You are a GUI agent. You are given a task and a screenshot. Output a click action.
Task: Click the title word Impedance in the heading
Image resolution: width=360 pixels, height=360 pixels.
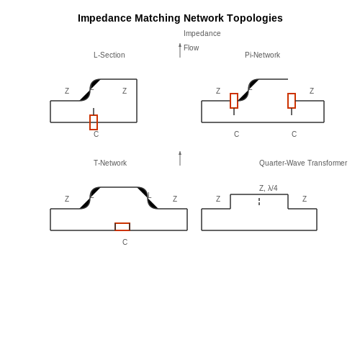click(x=104, y=19)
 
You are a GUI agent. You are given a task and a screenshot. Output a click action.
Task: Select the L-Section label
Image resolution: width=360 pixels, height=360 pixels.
click(x=109, y=55)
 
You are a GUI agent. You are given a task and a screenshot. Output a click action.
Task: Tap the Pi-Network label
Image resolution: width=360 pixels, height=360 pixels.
click(x=262, y=55)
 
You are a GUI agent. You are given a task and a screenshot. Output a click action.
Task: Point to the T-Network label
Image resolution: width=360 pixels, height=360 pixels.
click(x=110, y=163)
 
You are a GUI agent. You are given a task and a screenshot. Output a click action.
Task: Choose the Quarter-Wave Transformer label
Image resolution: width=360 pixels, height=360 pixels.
click(x=303, y=163)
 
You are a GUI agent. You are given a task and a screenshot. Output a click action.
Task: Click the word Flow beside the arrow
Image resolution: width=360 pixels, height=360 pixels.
click(x=192, y=48)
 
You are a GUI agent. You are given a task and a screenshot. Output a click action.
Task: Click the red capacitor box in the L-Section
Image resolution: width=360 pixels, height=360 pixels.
click(x=94, y=122)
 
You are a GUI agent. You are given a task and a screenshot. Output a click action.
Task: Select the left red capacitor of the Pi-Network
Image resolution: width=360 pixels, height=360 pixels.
click(x=234, y=101)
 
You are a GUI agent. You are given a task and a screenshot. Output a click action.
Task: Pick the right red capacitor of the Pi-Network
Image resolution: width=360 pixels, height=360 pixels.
click(x=292, y=101)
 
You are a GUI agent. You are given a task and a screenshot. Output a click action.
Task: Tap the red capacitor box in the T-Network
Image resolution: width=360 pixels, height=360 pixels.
click(x=122, y=227)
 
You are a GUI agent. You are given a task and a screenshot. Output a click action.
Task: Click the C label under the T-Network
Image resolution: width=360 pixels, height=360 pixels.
click(x=125, y=242)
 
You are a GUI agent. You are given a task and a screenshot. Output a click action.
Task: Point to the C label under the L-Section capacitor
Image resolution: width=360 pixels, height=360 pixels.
click(x=96, y=134)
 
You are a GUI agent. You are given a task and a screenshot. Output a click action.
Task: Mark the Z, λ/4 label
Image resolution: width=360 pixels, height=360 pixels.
click(x=269, y=188)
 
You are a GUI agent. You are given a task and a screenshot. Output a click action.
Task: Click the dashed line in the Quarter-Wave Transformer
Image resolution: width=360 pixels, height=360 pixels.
click(x=259, y=202)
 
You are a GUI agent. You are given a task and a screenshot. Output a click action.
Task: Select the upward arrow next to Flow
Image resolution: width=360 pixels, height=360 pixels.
click(x=180, y=50)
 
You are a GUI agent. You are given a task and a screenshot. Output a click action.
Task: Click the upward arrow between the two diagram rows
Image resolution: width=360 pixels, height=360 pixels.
click(x=180, y=158)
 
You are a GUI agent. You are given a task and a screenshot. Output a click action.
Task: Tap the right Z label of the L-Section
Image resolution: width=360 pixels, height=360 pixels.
click(x=125, y=91)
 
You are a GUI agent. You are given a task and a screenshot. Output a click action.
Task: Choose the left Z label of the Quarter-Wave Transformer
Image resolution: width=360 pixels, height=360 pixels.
click(x=218, y=199)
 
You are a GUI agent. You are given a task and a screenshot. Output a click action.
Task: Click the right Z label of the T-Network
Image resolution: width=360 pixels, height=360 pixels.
click(x=175, y=199)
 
